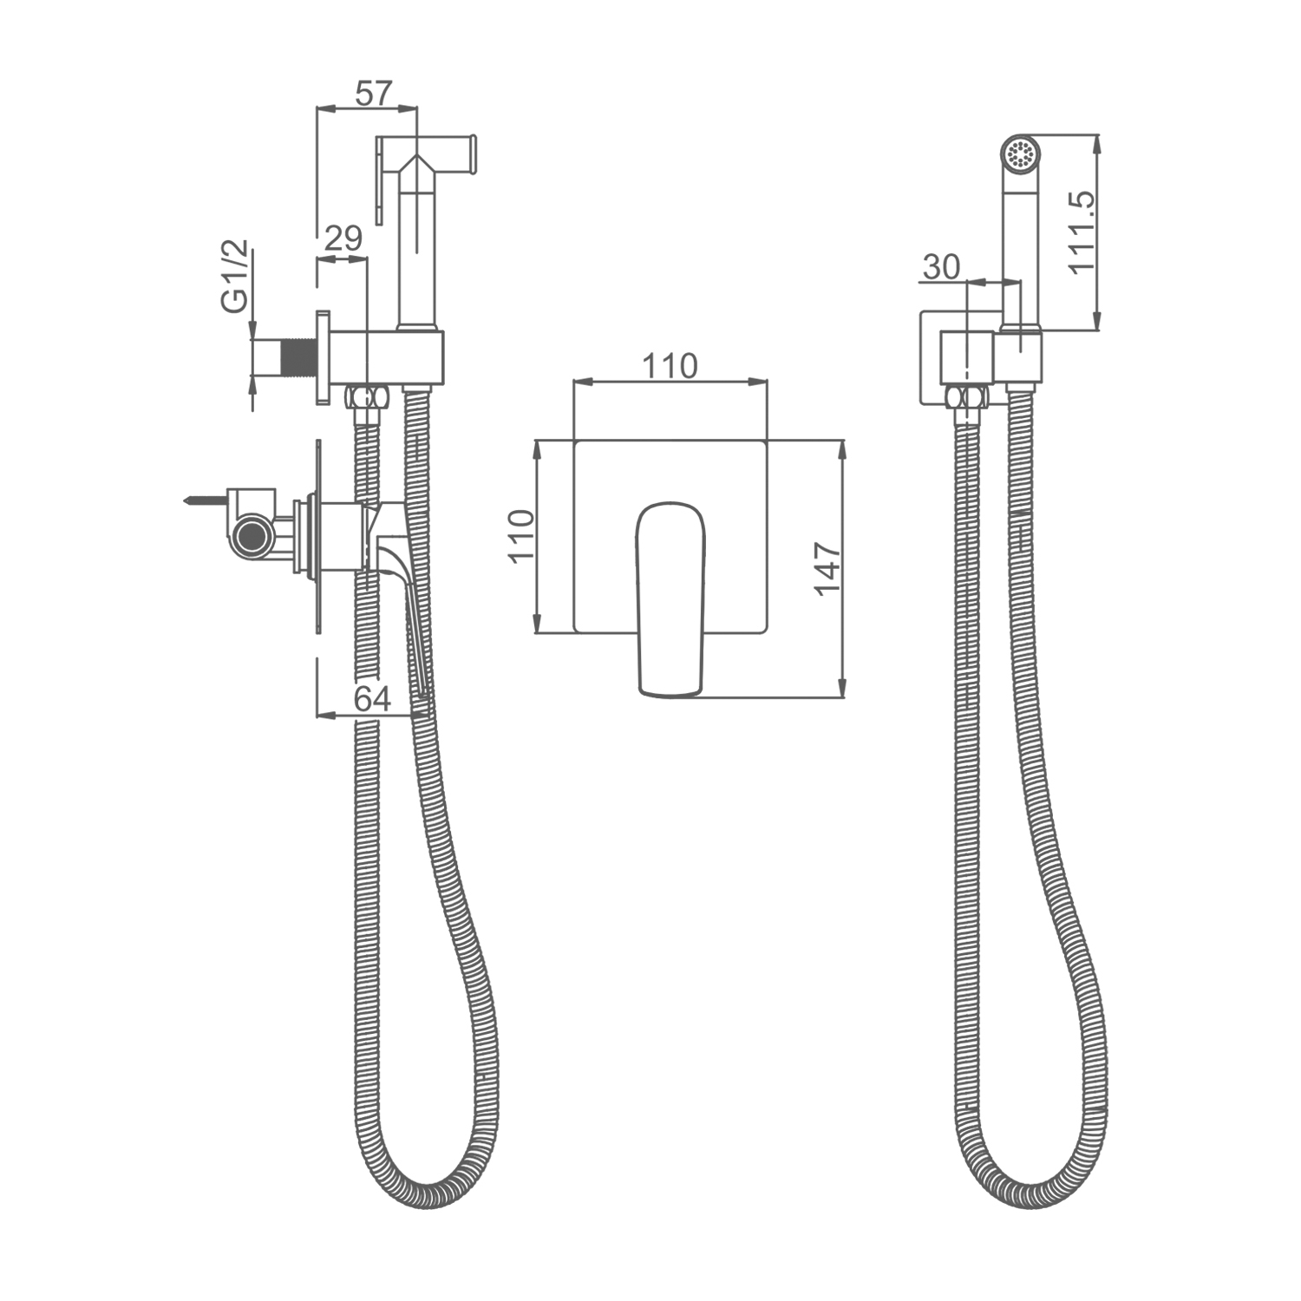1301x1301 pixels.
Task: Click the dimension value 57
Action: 374,92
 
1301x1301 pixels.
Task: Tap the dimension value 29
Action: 343,239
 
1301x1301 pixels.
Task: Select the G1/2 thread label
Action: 235,275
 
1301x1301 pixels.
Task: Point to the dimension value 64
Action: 373,698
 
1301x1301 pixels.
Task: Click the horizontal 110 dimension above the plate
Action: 670,366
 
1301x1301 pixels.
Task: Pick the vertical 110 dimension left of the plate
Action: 521,536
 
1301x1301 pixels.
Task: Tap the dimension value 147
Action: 827,568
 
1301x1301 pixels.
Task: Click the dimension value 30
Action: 941,267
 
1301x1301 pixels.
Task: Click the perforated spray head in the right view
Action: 1019,154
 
